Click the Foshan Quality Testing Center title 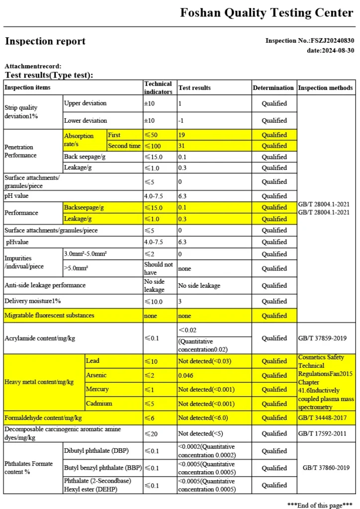coord(267,13)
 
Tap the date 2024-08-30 coord(338,50)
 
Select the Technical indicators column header coord(158,87)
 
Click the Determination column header coord(273,88)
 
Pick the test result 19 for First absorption coord(182,135)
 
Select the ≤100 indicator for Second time coord(151,146)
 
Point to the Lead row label coord(92,361)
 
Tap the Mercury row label coord(96,389)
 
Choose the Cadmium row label coord(98,404)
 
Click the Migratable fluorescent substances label coord(49,315)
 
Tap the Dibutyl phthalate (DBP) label coord(95,451)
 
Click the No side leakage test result coord(199,285)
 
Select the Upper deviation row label coord(85,103)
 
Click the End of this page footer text coord(320,505)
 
